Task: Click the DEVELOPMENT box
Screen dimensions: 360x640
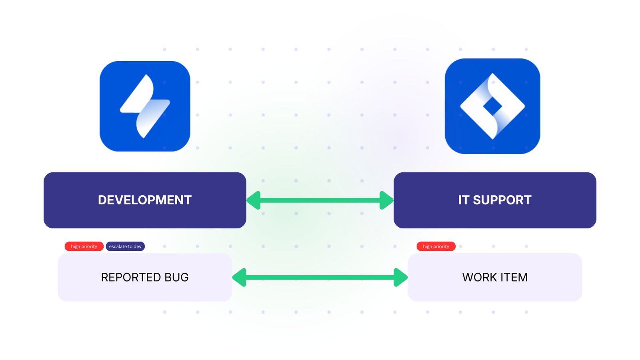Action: point(145,200)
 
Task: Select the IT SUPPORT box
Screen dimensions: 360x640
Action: point(495,200)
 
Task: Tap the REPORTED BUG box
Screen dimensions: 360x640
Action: point(145,277)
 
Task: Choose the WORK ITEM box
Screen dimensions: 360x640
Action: point(495,277)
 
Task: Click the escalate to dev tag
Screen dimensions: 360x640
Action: point(125,246)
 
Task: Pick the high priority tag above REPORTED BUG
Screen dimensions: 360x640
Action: point(84,246)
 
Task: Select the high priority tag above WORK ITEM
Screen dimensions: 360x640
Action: point(436,246)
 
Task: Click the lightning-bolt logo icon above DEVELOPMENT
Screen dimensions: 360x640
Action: point(145,106)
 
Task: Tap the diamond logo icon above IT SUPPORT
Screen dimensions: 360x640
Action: point(492,106)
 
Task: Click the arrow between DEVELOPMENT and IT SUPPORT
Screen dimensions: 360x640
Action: point(320,200)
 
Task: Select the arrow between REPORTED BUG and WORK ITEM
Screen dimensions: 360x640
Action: point(320,277)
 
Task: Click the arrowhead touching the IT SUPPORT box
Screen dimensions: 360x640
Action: point(386,200)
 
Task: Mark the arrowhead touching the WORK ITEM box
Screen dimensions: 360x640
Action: point(400,277)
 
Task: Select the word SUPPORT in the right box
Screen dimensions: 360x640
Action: point(502,200)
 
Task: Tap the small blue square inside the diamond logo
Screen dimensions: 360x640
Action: point(492,106)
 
